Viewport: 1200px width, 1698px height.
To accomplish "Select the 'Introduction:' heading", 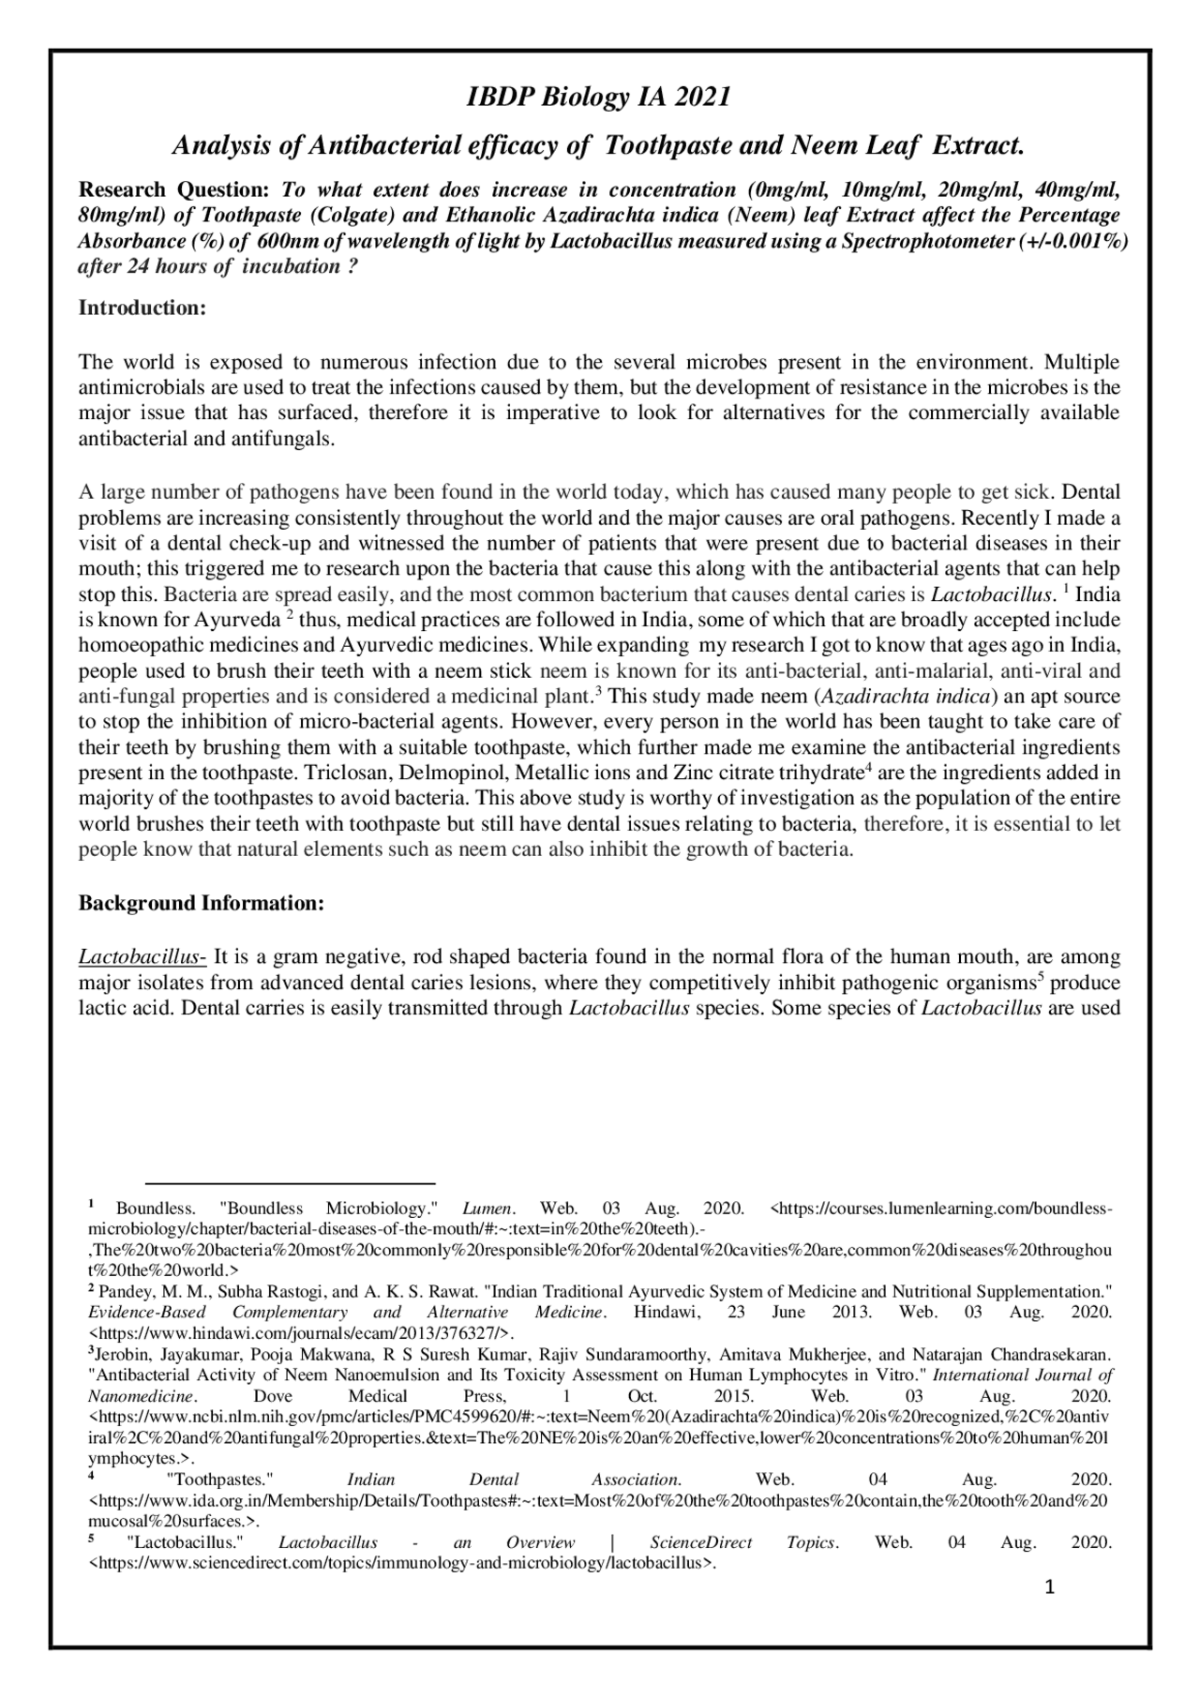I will [142, 308].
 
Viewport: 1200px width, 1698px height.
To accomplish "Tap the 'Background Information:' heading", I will [201, 904].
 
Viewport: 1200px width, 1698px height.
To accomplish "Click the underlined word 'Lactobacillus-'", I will [142, 957].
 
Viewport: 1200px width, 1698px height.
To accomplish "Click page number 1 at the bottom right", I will [1050, 1586].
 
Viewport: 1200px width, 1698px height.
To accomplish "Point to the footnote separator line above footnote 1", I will [291, 1183].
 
